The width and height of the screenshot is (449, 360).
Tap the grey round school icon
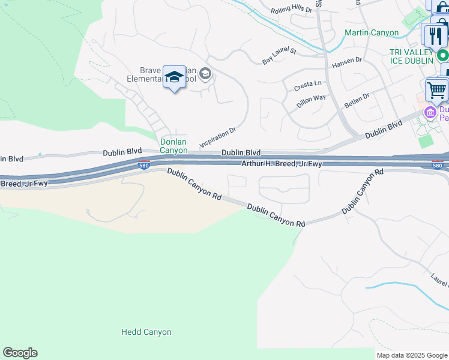[205, 74]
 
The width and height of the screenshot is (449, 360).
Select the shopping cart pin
[437, 91]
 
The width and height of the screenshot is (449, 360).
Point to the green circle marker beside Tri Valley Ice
[443, 55]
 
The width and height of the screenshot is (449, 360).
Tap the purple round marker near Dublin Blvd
[430, 112]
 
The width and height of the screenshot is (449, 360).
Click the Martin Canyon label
[372, 33]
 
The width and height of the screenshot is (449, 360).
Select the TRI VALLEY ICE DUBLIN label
[402, 57]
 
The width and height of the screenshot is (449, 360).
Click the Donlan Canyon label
[173, 146]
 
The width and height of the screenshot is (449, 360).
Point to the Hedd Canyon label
[146, 332]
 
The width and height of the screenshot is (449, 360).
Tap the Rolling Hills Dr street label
[292, 10]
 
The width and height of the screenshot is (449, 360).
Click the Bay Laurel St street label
[280, 56]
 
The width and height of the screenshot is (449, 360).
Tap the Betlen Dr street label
[357, 100]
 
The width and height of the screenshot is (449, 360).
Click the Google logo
[20, 353]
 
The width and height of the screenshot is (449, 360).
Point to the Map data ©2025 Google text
[412, 355]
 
